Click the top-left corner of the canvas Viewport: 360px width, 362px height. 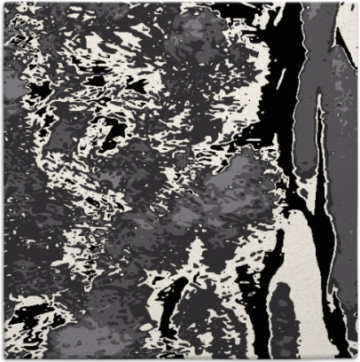point(3,3)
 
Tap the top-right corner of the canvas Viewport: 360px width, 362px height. point(356,3)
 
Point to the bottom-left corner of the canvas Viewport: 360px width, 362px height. point(3,358)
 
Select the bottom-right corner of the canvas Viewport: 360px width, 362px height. point(356,358)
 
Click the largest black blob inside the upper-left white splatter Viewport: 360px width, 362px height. point(111,133)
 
